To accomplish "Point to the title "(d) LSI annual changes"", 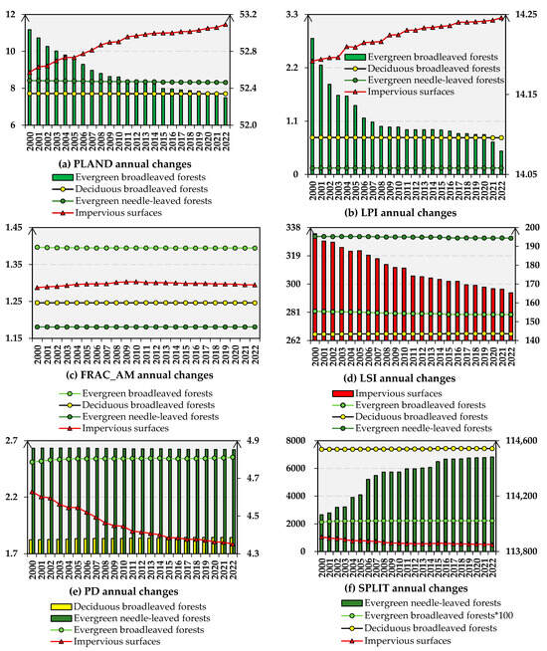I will [406, 374].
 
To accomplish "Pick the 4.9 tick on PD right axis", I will [252, 441].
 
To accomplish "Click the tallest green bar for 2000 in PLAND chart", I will [30, 78].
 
